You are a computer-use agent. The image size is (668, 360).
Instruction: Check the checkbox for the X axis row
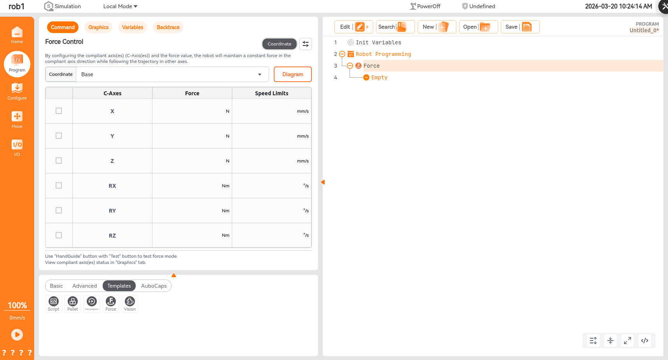[x=59, y=111]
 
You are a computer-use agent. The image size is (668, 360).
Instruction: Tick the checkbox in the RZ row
[x=59, y=235]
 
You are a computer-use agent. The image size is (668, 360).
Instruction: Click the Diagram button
[x=293, y=74]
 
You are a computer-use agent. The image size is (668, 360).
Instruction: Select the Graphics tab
[x=98, y=27]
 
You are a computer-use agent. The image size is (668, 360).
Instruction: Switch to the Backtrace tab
[x=168, y=27]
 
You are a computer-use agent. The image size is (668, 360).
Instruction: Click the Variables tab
[x=133, y=27]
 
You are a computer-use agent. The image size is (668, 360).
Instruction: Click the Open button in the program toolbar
[x=478, y=27]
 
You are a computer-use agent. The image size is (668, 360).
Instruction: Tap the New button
[x=437, y=27]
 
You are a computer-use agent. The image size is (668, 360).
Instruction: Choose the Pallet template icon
[x=73, y=304]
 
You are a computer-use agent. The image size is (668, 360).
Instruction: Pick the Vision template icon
[x=130, y=304]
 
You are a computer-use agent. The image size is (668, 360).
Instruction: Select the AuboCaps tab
[x=154, y=286]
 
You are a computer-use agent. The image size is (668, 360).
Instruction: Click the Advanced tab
[x=84, y=286]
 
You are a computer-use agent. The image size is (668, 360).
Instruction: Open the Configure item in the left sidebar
[x=17, y=91]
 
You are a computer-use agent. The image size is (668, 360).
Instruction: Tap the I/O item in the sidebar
[x=17, y=148]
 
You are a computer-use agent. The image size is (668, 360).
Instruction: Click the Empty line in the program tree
[x=379, y=77]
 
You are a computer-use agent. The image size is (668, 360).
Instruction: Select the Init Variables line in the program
[x=378, y=42]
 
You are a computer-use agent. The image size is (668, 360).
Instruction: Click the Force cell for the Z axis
[x=192, y=161]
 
